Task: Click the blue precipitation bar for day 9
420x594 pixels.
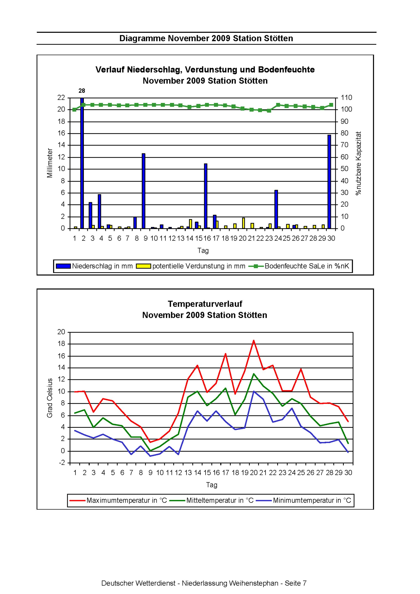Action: pyautogui.click(x=143, y=191)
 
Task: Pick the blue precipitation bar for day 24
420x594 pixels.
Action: pyautogui.click(x=276, y=209)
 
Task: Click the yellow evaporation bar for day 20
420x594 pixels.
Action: pyautogui.click(x=244, y=223)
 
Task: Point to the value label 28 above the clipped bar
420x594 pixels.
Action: pyautogui.click(x=82, y=91)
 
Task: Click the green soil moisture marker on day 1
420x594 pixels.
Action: pyautogui.click(x=75, y=109)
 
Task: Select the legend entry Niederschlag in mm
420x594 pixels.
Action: pyautogui.click(x=94, y=266)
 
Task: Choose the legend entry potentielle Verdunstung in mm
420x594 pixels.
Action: pyautogui.click(x=191, y=266)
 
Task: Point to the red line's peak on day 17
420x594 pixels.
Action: pyautogui.click(x=226, y=354)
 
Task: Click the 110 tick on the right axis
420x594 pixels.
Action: pyautogui.click(x=347, y=98)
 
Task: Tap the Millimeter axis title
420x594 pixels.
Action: pyautogui.click(x=50, y=163)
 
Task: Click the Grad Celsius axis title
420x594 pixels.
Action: pyautogui.click(x=50, y=398)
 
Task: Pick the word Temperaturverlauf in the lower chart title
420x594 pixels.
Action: pyautogui.click(x=205, y=304)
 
